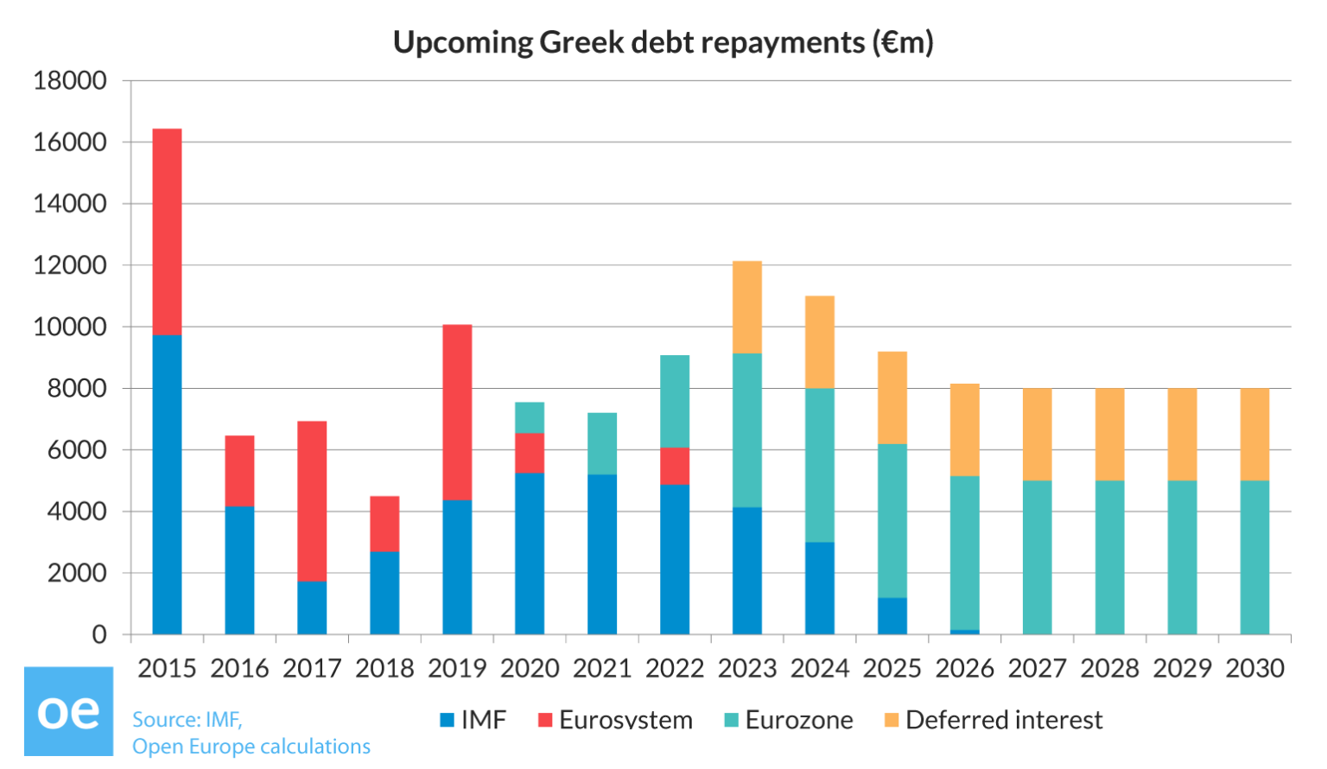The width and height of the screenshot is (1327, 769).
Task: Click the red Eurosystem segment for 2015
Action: (167, 232)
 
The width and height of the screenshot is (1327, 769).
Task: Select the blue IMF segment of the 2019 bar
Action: (457, 567)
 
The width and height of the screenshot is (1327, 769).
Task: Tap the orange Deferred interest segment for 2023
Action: (747, 307)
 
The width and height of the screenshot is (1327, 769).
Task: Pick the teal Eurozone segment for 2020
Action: (530, 417)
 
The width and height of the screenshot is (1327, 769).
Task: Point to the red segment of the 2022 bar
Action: (675, 466)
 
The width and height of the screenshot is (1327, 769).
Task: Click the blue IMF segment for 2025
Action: (892, 616)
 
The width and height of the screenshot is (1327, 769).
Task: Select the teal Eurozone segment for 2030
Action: (1254, 557)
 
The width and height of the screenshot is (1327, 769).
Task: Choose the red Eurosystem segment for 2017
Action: (312, 501)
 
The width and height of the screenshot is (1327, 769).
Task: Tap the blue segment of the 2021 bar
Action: (602, 554)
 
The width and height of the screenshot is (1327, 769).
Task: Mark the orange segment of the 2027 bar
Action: (1037, 434)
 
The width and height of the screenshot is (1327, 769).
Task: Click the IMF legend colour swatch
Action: (448, 720)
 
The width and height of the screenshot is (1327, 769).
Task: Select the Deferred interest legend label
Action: (1004, 720)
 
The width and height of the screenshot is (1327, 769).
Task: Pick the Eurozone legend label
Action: (799, 720)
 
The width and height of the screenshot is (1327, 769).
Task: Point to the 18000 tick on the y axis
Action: (70, 80)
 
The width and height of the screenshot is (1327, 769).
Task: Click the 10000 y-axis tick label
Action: (70, 327)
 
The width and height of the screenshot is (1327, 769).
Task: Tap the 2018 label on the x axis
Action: (384, 668)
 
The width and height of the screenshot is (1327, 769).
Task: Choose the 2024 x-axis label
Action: (820, 668)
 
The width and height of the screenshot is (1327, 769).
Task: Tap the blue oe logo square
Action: (68, 711)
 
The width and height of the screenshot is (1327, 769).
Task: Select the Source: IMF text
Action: (187, 720)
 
